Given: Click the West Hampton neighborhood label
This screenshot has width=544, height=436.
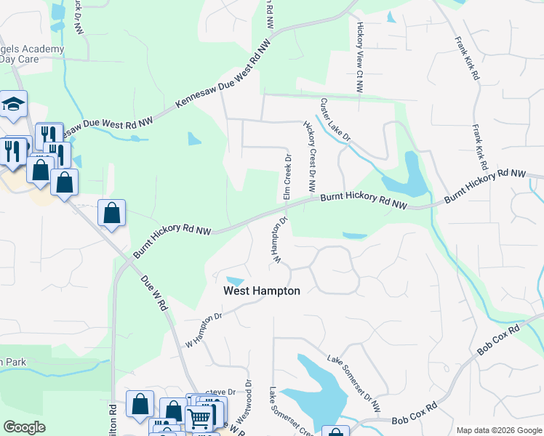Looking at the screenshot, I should tap(261, 291).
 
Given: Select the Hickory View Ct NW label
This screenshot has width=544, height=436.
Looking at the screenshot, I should tap(359, 57).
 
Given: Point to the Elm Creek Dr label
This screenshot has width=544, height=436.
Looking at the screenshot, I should tap(287, 177).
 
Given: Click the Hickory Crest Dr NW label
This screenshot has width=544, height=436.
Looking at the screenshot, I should tap(311, 158).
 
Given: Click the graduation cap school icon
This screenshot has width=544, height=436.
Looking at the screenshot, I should tap(13, 105).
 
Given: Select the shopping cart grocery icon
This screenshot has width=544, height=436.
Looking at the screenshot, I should tap(199, 416).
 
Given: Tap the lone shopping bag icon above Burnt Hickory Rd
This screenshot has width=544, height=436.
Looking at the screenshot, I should tap(111, 214).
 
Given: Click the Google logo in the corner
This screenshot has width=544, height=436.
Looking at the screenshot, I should tap(24, 427).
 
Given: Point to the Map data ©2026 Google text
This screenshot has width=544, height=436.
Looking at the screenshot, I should tap(498, 430).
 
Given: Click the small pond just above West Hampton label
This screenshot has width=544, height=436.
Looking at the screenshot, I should tap(235, 281).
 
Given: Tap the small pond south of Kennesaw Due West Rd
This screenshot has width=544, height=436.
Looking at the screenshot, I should tap(194, 138).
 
